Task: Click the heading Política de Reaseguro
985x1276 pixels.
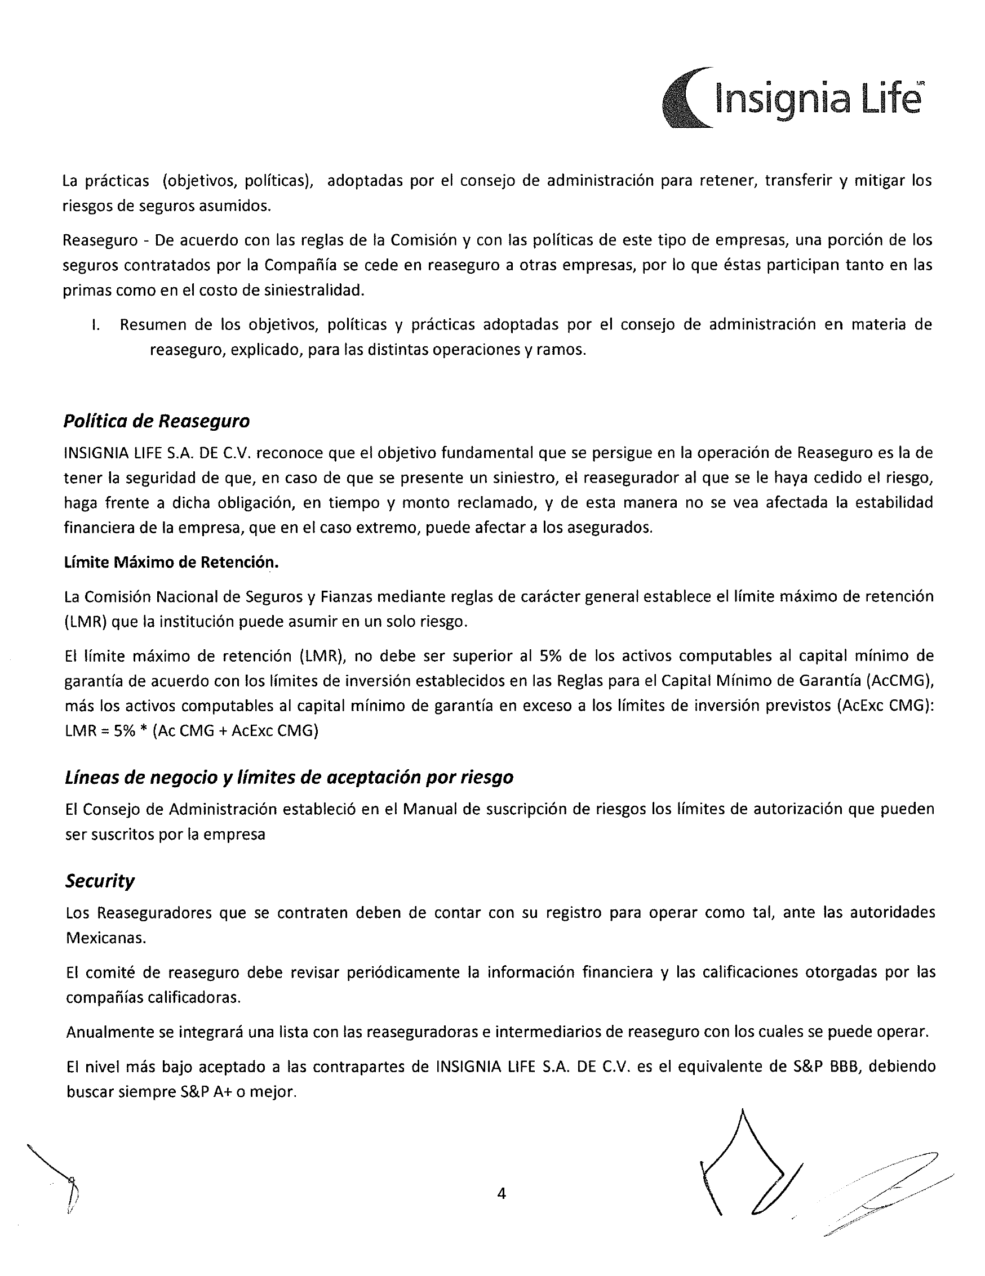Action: point(156,421)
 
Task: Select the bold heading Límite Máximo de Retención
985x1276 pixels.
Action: point(171,562)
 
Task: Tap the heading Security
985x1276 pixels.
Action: point(99,881)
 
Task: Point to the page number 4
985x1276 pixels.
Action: point(501,1193)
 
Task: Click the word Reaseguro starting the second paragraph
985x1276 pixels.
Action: point(100,240)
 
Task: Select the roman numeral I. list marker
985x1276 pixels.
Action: point(95,325)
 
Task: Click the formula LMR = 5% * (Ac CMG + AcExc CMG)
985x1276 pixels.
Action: point(192,731)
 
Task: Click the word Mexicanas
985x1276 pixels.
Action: point(106,938)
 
